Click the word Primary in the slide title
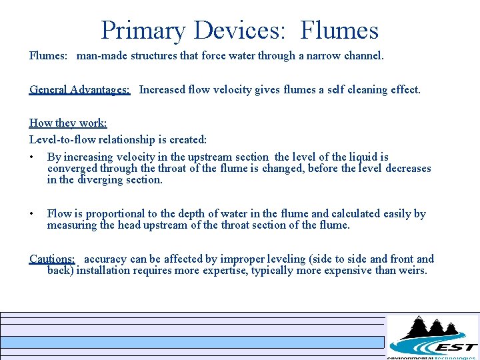143,30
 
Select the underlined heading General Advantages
79,89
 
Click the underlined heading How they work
68,123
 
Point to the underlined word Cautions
52,259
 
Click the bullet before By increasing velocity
32,157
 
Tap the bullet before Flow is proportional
32,214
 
